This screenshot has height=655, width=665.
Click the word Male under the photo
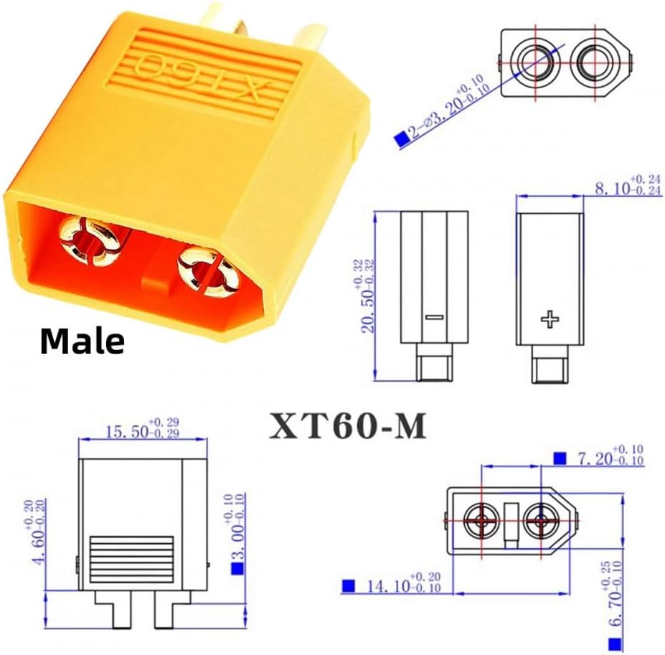(82, 341)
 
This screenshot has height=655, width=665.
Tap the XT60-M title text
(348, 425)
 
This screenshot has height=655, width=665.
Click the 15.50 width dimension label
(143, 428)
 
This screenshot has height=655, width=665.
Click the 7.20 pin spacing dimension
(610, 455)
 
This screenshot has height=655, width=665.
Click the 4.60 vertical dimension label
(39, 532)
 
